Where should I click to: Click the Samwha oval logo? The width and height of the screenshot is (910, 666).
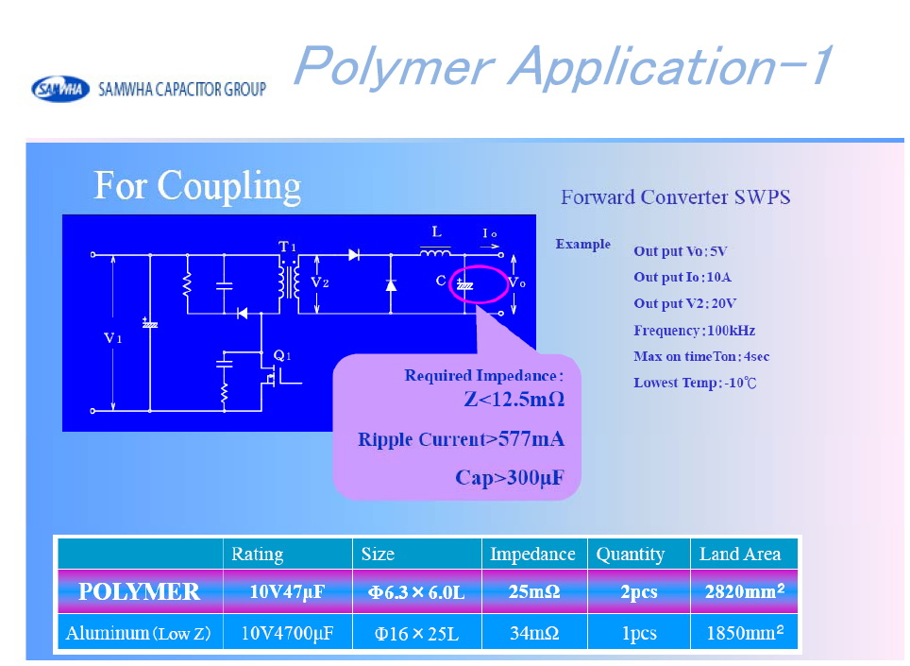click(x=60, y=89)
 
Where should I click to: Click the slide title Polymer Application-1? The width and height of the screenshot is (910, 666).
click(x=564, y=66)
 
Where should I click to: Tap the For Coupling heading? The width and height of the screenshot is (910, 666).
click(x=197, y=186)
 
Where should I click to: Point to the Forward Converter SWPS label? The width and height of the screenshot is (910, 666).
click(x=676, y=197)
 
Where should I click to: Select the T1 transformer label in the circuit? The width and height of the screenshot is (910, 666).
click(x=287, y=247)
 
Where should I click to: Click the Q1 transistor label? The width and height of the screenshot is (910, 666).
click(x=281, y=355)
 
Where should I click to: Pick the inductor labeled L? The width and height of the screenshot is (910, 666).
click(x=435, y=252)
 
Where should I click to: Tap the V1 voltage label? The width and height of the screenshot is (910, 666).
click(x=112, y=338)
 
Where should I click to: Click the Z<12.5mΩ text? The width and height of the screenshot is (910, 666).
click(x=514, y=400)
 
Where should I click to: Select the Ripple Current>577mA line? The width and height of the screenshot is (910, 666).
click(x=462, y=439)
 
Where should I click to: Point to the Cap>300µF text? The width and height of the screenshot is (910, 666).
click(x=510, y=477)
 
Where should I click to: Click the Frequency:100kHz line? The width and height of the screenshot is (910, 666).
click(x=694, y=331)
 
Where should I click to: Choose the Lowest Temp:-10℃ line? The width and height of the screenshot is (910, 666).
click(x=695, y=383)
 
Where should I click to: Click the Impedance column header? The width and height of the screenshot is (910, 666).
click(x=532, y=554)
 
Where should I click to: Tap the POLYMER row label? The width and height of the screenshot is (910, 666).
click(x=140, y=591)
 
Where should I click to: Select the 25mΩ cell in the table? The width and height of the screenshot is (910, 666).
click(x=534, y=591)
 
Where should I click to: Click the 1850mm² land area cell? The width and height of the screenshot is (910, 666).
click(x=745, y=632)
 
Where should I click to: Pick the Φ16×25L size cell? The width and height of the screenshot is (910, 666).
click(x=416, y=633)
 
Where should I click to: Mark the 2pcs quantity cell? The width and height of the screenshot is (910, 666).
click(x=639, y=592)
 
